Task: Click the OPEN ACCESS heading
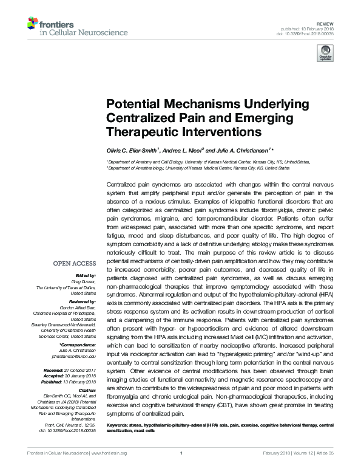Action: [75, 263]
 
